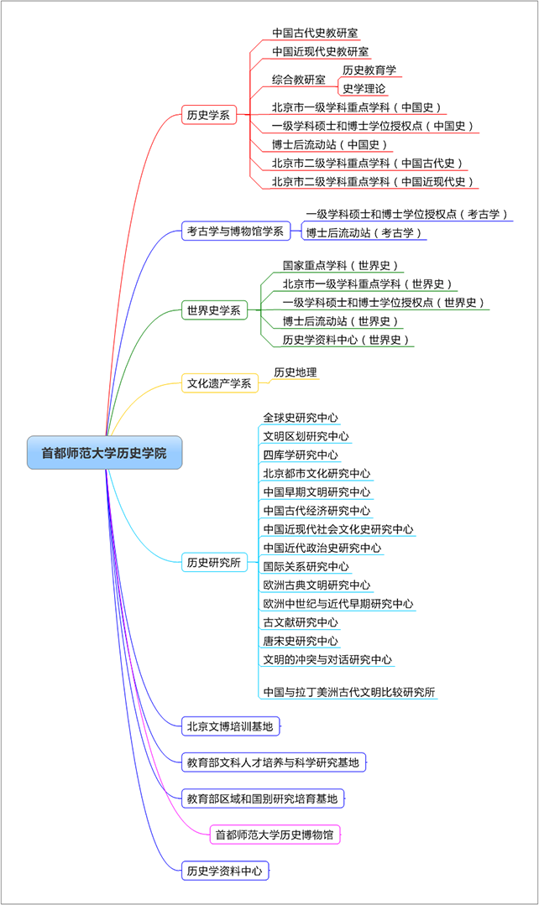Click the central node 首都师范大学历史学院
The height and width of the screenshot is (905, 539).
[104, 453]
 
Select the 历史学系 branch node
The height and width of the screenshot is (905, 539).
[208, 116]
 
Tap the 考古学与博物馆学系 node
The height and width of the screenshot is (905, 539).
[235, 231]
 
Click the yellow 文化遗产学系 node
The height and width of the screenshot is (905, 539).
[219, 384]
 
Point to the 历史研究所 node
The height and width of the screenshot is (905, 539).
[213, 563]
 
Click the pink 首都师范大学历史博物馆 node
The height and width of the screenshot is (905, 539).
[275, 835]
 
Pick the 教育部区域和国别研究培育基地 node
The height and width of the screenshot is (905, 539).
[263, 798]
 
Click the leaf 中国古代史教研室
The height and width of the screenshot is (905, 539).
[315, 34]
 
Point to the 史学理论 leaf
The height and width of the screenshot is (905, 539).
[364, 89]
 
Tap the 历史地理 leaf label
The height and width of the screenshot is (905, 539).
[296, 372]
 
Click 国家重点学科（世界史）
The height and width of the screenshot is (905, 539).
[341, 266]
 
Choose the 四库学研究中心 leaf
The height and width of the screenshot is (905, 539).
[301, 455]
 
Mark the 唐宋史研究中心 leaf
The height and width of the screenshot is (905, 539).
[301, 641]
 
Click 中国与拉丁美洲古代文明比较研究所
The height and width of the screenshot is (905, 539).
[349, 692]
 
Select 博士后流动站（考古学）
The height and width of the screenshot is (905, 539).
[364, 232]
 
